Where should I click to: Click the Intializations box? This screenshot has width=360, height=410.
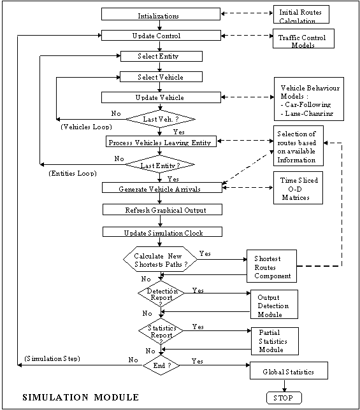pos(161,14)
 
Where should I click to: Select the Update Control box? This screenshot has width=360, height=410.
pos(161,35)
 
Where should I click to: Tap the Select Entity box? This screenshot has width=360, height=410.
pos(161,56)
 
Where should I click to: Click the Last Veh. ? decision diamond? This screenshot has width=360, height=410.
pos(161,119)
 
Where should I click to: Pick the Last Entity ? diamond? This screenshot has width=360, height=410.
pos(160,164)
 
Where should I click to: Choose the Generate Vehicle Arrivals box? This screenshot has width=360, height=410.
pos(162,187)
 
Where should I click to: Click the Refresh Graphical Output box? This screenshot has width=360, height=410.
pos(162,209)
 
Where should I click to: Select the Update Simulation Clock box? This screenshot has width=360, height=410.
pos(162,232)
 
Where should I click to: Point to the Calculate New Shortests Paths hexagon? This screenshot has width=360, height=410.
pos(161,259)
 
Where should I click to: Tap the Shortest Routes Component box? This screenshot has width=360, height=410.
pos(271,266)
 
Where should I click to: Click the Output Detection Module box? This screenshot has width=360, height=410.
pos(274,304)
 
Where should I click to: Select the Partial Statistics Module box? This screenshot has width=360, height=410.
pos(275,341)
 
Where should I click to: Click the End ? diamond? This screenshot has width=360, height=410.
pos(161,365)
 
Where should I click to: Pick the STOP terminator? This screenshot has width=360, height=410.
pos(284,398)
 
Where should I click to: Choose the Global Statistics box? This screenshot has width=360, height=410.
pos(289,371)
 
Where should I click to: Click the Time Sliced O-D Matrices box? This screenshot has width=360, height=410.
pos(298,188)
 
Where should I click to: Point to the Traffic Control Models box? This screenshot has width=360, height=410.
pos(303,38)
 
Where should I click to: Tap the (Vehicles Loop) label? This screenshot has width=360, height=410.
pos(87,127)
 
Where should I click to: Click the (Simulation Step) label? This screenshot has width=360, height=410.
pos(52,358)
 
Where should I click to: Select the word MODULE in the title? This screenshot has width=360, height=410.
pos(117,397)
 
